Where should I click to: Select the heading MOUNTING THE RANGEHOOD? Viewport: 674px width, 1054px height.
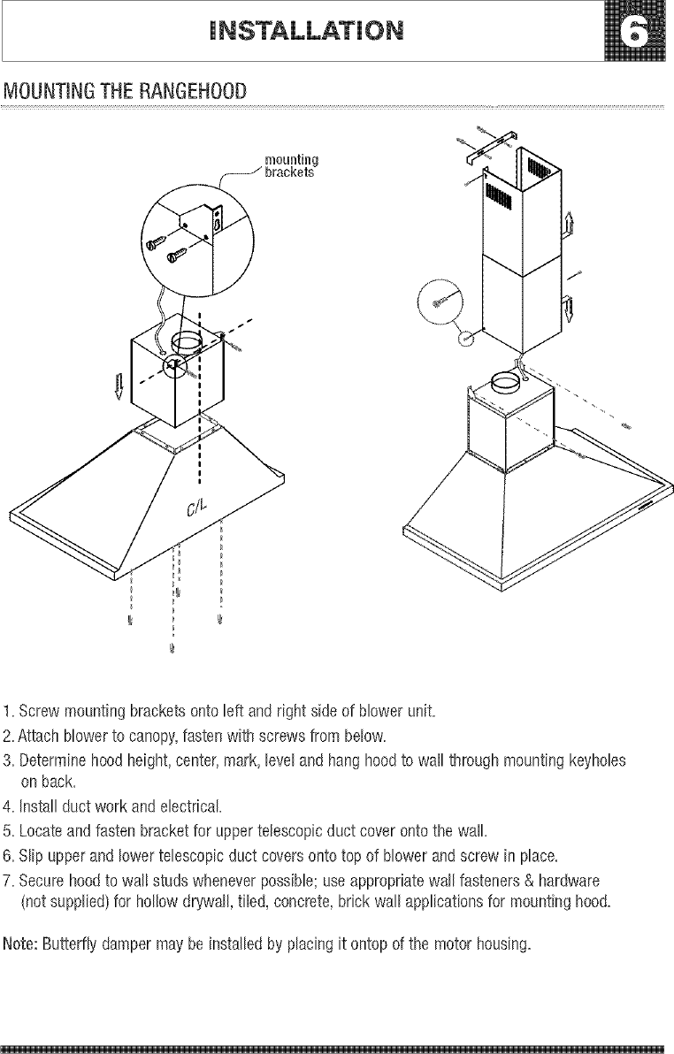point(124,92)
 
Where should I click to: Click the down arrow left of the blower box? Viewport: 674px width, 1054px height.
point(119,387)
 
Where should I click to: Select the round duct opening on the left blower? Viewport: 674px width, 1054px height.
point(189,341)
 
